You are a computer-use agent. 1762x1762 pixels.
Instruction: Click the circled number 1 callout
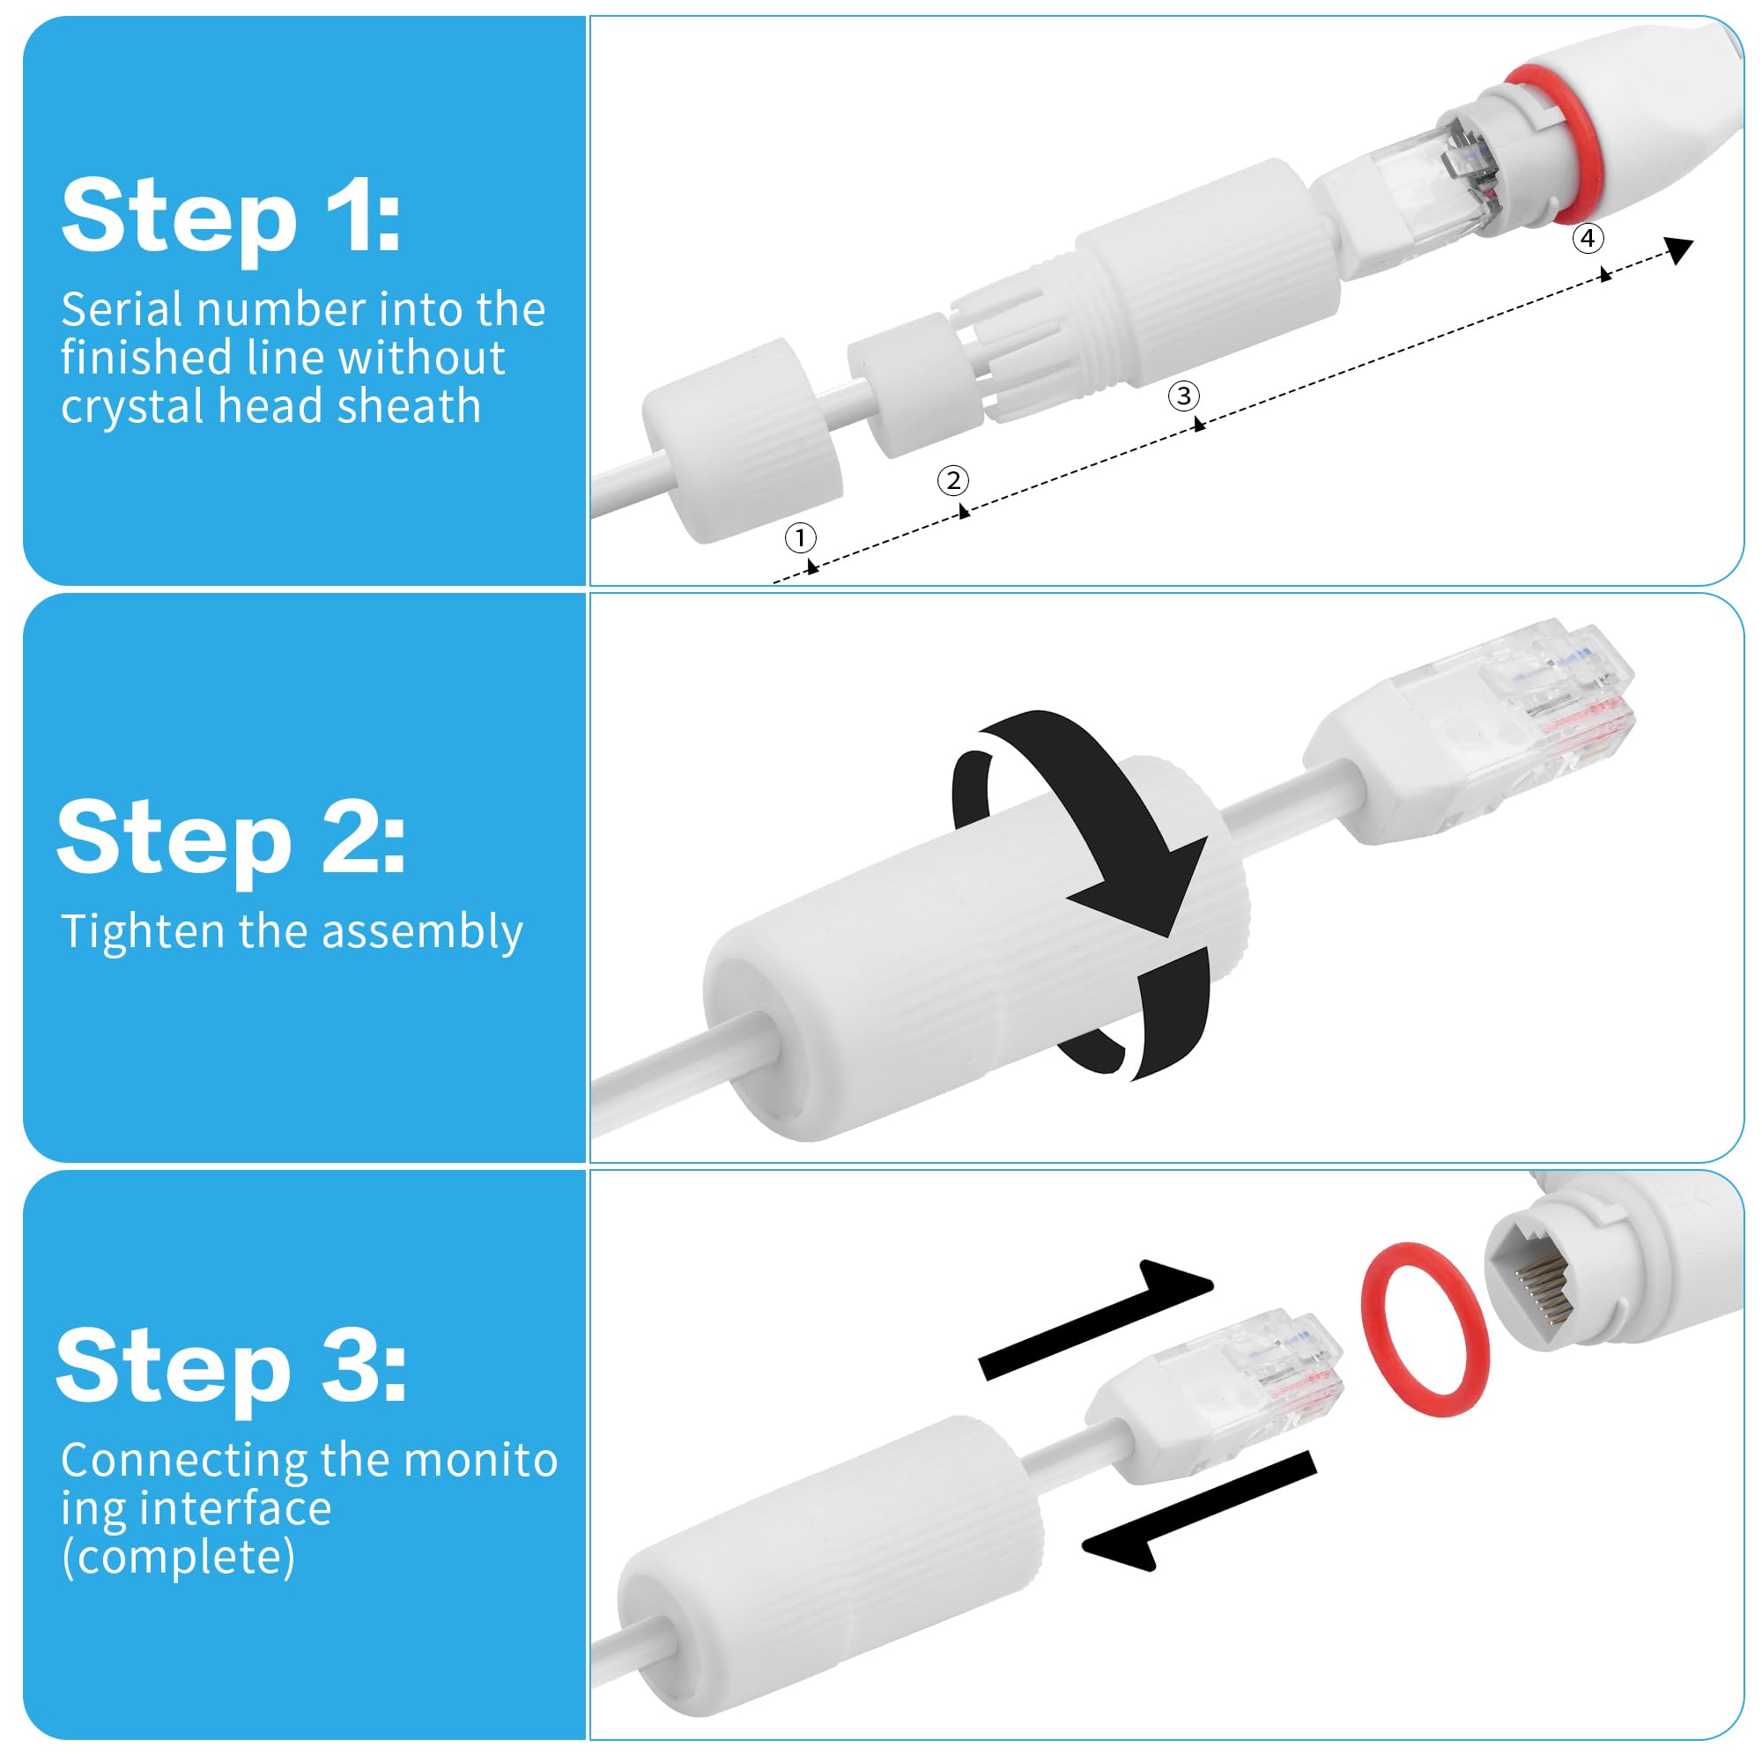tap(800, 538)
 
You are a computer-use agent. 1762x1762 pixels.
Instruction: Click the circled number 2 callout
tap(953, 481)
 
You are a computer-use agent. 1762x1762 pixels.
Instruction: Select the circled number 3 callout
tap(1184, 396)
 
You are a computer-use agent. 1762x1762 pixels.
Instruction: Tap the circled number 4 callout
tap(1588, 238)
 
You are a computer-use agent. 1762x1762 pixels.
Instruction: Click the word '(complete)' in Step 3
tap(179, 1558)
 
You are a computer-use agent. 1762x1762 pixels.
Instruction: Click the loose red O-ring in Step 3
tap(1425, 1329)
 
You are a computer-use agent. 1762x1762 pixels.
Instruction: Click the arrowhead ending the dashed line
tap(1678, 249)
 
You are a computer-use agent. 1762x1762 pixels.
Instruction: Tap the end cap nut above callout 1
tap(742, 440)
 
